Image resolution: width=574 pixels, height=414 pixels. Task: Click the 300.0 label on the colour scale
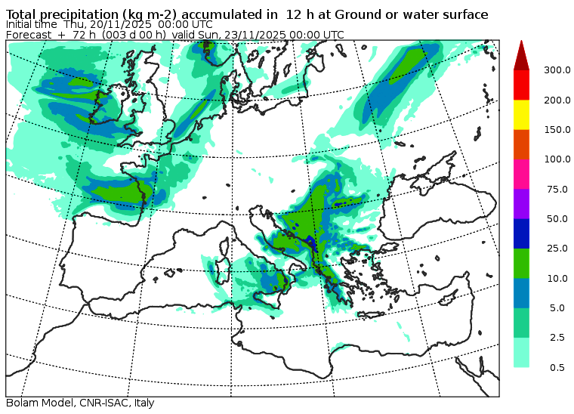[x=557, y=70]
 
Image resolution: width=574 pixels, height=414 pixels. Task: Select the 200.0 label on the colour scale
[x=557, y=100]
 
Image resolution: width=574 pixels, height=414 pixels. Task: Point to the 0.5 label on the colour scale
[x=557, y=367]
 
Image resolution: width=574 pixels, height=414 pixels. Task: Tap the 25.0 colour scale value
[x=557, y=249]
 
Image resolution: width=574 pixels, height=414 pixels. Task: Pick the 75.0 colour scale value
[x=557, y=189]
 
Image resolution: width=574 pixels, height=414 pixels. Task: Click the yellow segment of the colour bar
[x=521, y=115]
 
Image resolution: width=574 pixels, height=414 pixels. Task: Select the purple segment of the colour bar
[x=521, y=204]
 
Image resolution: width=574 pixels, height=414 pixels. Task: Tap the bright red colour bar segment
[x=521, y=85]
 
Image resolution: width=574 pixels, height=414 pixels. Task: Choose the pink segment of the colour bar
[x=521, y=175]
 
